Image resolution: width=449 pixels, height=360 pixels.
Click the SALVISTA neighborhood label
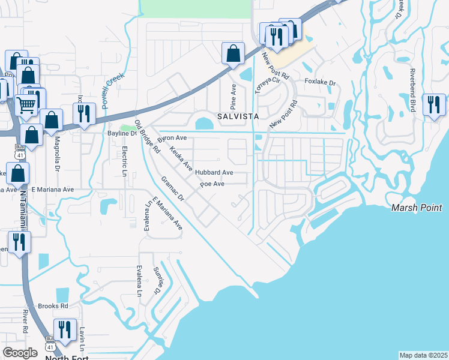pyautogui.click(x=238, y=116)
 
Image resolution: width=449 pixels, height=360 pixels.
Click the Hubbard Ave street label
pyautogui.click(x=214, y=172)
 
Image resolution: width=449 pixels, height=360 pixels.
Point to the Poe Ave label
pyautogui.click(x=212, y=184)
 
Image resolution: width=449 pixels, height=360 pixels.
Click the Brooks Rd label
pyautogui.click(x=52, y=306)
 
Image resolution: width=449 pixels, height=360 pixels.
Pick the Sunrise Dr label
pyautogui.click(x=158, y=280)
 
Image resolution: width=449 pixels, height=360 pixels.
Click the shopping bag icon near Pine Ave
pyautogui.click(x=232, y=53)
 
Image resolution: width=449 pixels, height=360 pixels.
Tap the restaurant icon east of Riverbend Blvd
pyautogui.click(x=434, y=105)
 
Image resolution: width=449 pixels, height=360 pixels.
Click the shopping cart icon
pyautogui.click(x=26, y=106)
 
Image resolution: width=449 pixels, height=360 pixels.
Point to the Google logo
pyautogui.click(x=20, y=353)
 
